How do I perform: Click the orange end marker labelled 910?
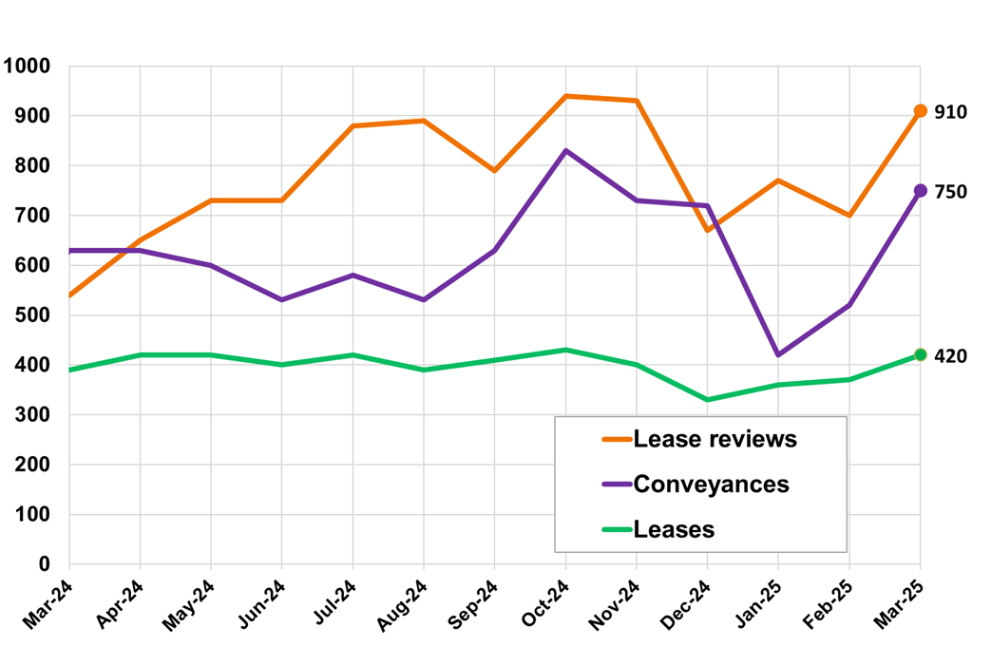[x=920, y=111]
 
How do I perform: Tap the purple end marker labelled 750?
[x=920, y=191]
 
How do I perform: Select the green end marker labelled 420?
[x=920, y=355]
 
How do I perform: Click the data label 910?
[x=950, y=112]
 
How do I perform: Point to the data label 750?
[x=950, y=192]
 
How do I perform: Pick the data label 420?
[x=950, y=356]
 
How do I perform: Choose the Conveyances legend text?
[x=711, y=484]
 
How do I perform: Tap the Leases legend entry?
[x=674, y=529]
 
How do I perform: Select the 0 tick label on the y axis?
[x=44, y=564]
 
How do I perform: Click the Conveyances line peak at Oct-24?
[x=565, y=151]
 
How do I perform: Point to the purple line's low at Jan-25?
[x=778, y=355]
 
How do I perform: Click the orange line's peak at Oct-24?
[x=565, y=96]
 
